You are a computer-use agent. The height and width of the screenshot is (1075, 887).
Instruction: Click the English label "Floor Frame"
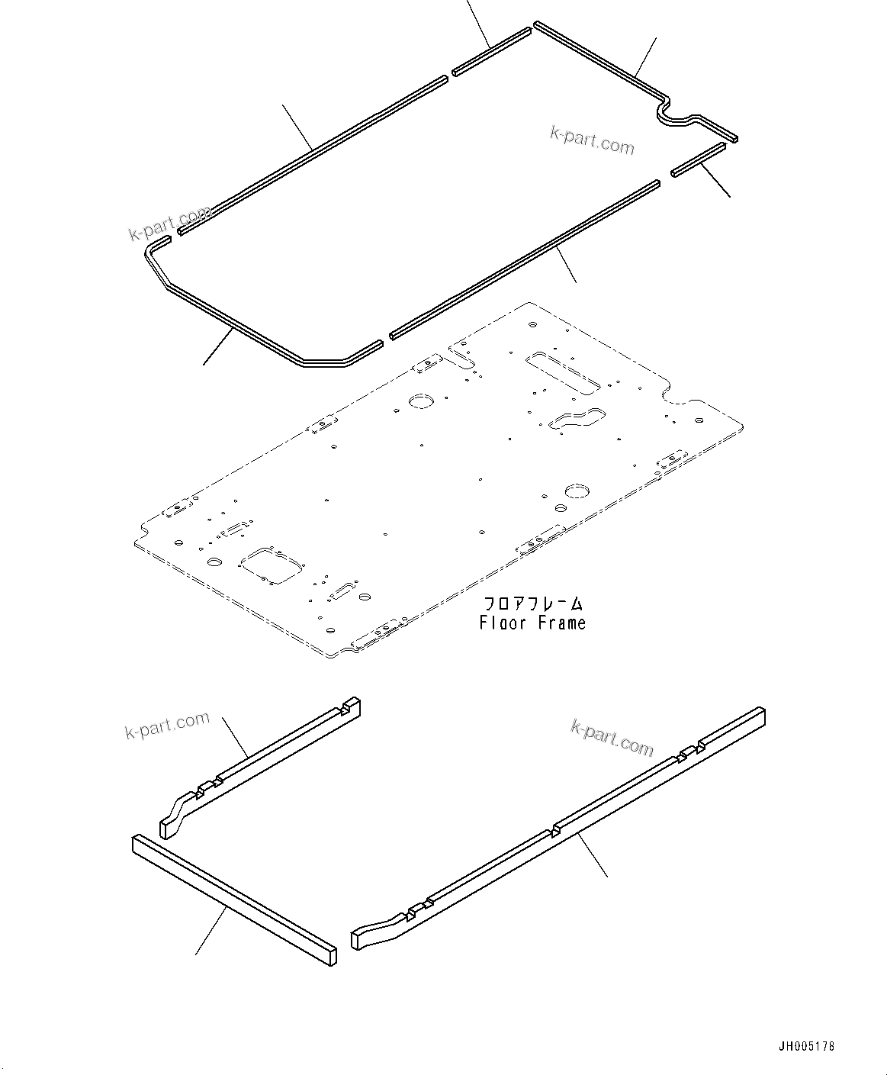click(532, 623)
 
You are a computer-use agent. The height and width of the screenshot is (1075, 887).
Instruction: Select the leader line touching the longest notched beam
click(593, 855)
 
